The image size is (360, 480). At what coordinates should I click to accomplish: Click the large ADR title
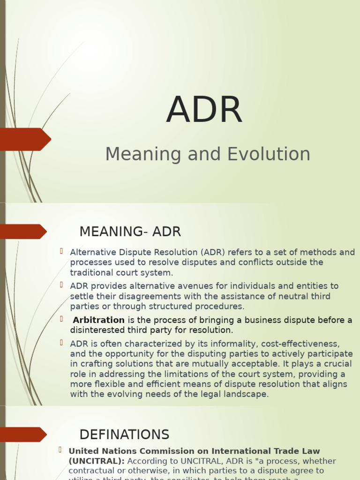204,111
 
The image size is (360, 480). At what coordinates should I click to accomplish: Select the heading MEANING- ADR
130,232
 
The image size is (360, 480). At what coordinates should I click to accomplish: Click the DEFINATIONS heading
124,435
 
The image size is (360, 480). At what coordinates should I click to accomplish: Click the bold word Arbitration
99,320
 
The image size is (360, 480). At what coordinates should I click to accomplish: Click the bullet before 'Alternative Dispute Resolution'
61,251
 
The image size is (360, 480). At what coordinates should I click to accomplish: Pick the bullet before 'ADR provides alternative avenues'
61,285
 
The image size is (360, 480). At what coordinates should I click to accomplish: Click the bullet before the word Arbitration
61,319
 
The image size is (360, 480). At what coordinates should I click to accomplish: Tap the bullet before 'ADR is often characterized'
61,343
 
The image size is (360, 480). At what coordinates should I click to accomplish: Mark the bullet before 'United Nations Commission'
60,450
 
